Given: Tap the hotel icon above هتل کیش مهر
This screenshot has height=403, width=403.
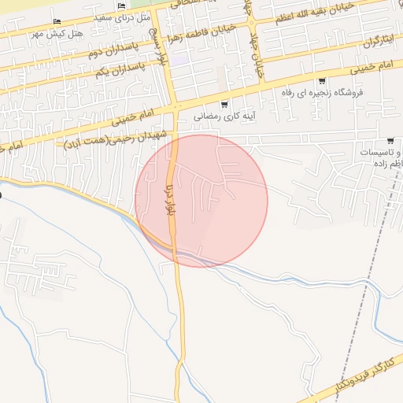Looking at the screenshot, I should pos(55,21).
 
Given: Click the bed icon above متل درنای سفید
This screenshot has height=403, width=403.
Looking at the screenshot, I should pos(120,7).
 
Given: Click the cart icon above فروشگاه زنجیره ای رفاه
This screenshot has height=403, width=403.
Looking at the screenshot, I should pos(322,80).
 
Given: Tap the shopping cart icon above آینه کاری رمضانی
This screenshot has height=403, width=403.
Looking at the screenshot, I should pos(225,103).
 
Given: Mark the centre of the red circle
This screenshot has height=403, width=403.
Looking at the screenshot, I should pos(201,201).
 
